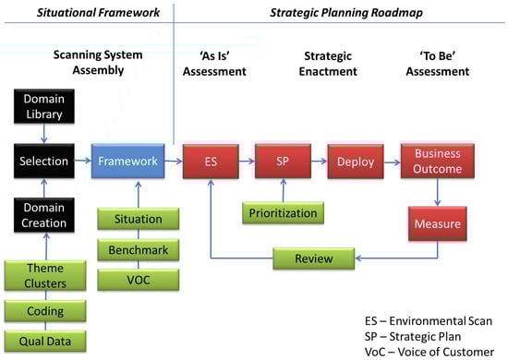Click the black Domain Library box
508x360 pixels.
click(44, 106)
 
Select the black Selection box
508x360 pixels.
click(44, 161)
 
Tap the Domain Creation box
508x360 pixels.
click(44, 215)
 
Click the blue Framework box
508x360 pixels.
click(128, 161)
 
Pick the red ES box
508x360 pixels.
click(211, 162)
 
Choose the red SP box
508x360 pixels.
click(283, 162)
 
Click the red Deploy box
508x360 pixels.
click(356, 162)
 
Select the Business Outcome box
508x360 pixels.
click(438, 161)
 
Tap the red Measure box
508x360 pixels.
click(438, 223)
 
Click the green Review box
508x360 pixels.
click(314, 258)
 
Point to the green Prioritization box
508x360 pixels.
click(283, 212)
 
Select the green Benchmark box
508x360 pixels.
click(139, 249)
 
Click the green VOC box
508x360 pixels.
click(139, 280)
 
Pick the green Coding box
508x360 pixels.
click(45, 311)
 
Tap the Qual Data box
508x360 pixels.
click(45, 341)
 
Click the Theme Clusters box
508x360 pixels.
click(45, 275)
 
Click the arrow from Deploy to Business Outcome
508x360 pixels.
click(393, 162)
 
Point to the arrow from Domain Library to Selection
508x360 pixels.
click(44, 133)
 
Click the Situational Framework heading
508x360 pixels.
click(98, 13)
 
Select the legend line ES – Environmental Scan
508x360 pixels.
click(429, 321)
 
